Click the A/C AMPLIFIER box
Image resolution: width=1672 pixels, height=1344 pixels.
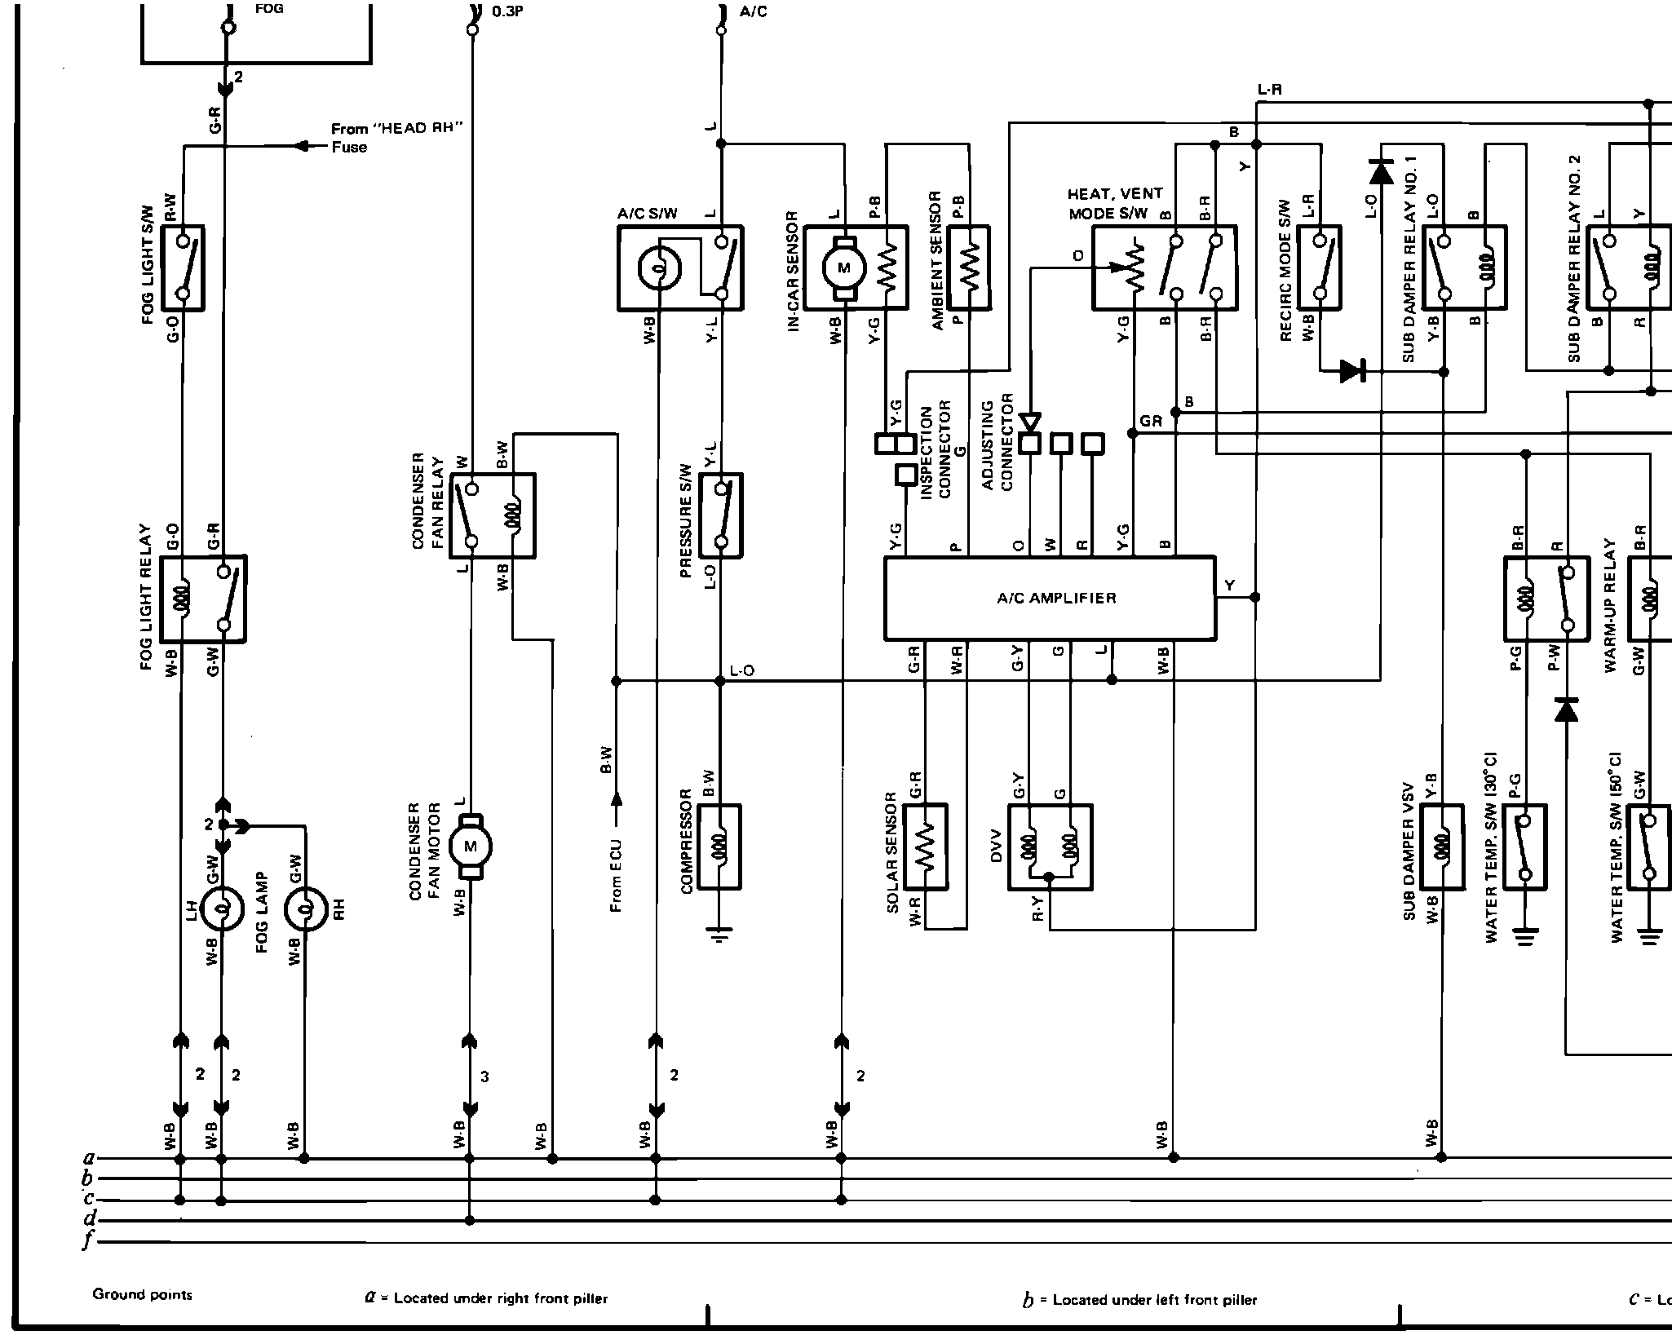[1050, 598]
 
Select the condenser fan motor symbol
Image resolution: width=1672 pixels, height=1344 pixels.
[471, 847]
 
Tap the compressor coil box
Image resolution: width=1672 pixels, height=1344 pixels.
[719, 847]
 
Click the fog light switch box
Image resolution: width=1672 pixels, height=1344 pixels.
[184, 268]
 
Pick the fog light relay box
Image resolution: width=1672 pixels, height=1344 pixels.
[203, 599]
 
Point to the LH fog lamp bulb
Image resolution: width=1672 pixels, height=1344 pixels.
[222, 908]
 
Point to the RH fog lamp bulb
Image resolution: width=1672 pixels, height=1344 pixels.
[305, 908]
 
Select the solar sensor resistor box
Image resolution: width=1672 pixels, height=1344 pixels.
[925, 847]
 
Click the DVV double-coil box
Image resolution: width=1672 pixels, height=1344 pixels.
[1050, 847]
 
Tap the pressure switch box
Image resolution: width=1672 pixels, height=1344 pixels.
[721, 515]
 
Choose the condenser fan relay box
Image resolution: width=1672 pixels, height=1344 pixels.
[493, 515]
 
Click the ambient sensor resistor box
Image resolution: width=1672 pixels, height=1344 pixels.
[969, 268]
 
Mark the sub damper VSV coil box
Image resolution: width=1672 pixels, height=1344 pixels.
[1442, 847]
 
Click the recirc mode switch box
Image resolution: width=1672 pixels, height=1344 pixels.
[1320, 268]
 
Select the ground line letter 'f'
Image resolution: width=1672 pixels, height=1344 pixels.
[87, 1241]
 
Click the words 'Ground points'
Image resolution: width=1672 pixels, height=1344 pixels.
[143, 1294]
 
